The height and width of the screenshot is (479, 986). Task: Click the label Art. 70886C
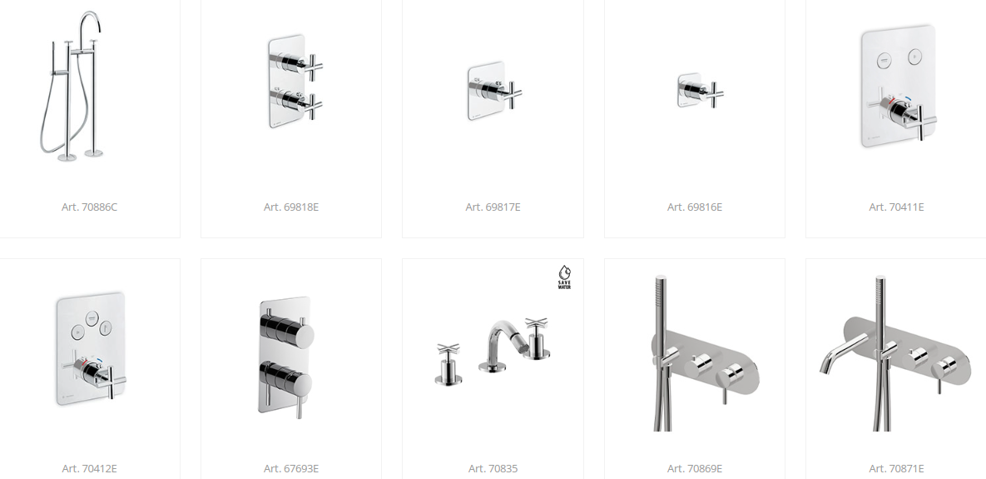point(89,207)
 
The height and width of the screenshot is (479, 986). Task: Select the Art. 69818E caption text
point(291,207)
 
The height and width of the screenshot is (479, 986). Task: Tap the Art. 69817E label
point(493,207)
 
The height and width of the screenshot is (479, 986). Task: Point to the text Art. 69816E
point(695,207)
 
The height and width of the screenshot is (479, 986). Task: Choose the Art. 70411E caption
point(897,207)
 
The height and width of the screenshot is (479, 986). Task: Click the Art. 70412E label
point(89,469)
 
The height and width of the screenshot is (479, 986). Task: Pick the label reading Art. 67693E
point(291,469)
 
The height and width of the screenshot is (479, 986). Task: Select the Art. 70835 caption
point(493,469)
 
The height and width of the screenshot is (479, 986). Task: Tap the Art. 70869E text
point(695,469)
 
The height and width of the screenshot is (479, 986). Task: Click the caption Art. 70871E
point(897,469)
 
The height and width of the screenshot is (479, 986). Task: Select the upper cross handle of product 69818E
point(313,66)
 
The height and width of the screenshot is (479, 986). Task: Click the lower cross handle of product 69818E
point(313,104)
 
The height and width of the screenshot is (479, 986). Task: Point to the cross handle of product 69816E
point(714,94)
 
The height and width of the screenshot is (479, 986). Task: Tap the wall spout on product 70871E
point(840,354)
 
